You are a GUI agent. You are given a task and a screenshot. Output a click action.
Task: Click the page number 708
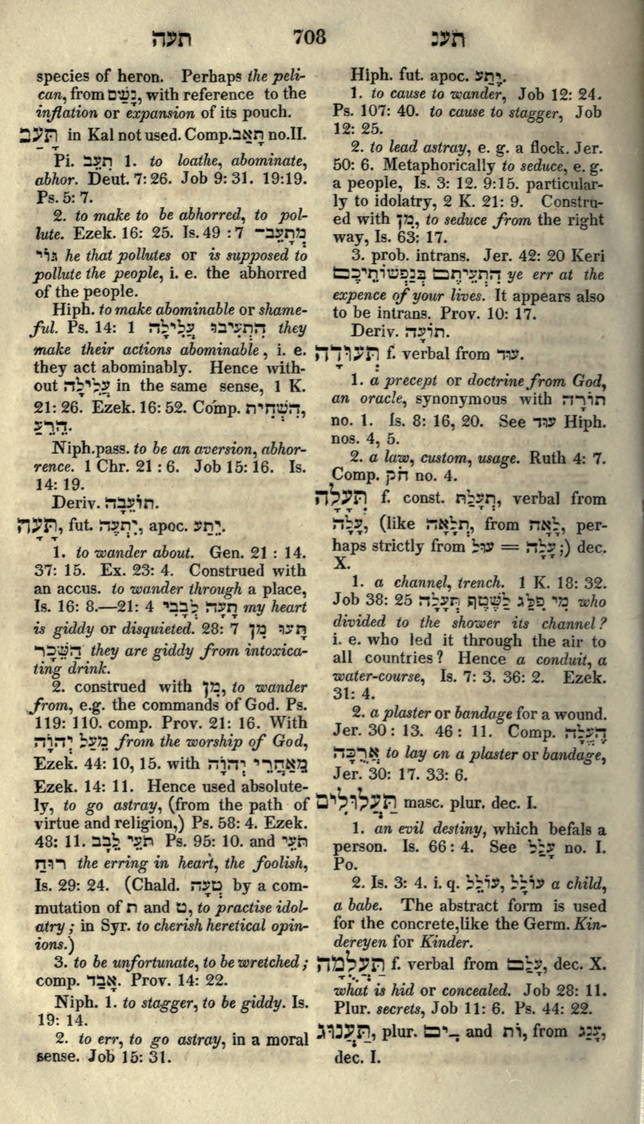310,38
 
